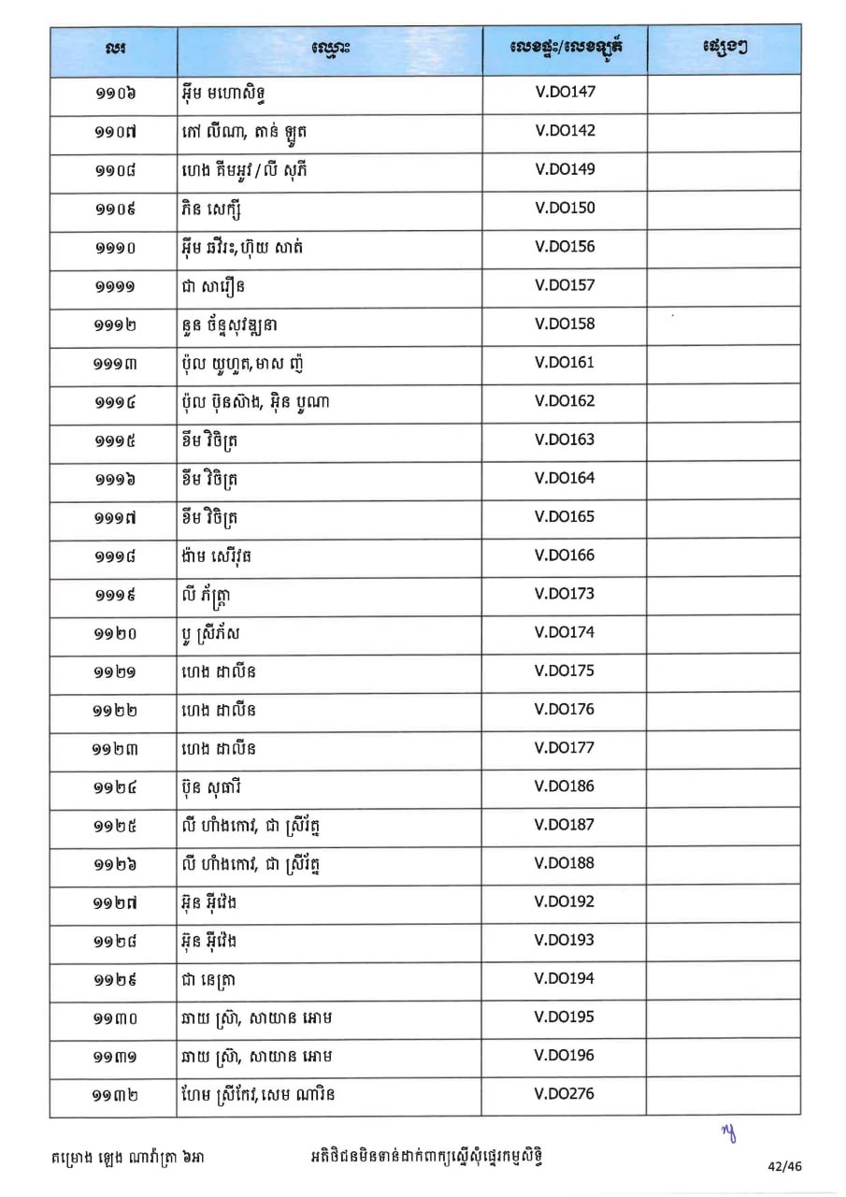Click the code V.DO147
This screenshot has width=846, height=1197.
coord(565,93)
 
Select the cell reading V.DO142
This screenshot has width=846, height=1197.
coord(565,131)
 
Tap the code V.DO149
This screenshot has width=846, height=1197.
coord(565,169)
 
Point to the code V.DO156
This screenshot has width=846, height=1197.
coord(565,247)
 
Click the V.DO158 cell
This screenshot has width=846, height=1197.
coord(565,324)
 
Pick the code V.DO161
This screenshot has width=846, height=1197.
coord(565,363)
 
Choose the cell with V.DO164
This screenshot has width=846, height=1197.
coord(565,478)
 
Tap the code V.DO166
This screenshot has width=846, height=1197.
coord(565,555)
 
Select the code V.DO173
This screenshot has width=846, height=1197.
coord(565,594)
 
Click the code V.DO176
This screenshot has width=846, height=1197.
coord(565,709)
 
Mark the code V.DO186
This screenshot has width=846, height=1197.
coord(565,786)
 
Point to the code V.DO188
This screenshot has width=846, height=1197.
coord(565,863)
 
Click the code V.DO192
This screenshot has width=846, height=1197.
coord(565,902)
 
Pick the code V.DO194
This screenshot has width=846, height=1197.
coord(565,979)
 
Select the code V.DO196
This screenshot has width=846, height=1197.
coord(565,1056)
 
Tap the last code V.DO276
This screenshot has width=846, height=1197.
coord(565,1093)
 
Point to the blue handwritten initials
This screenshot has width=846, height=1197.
coord(728,1133)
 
